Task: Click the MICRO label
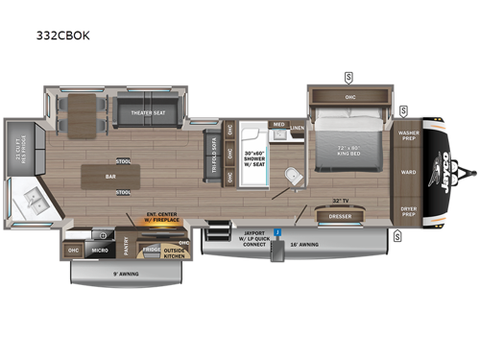99,252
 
